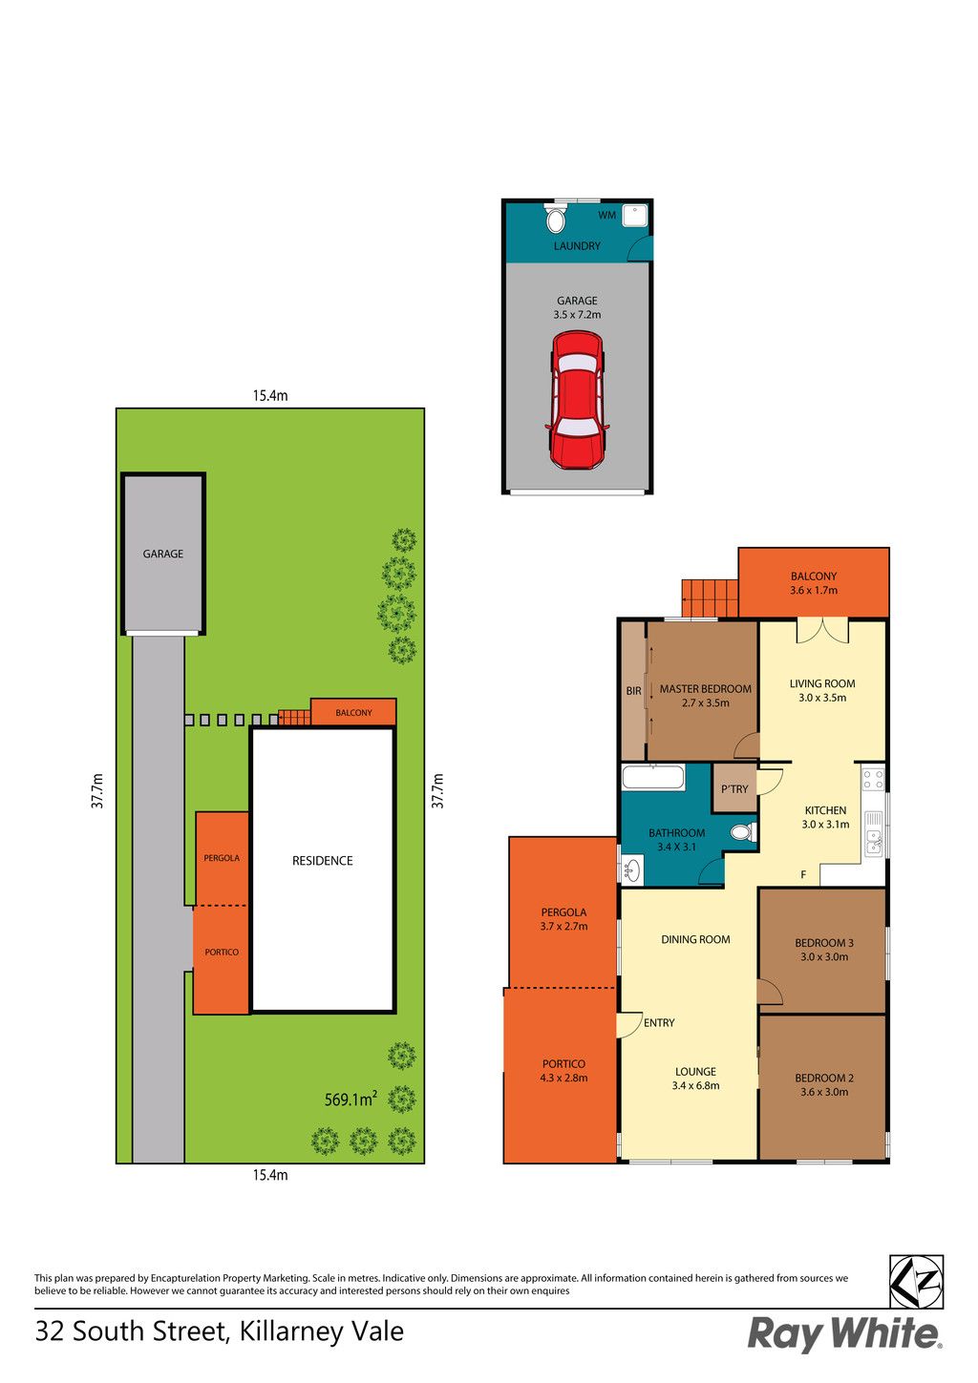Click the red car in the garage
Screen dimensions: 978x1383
pyautogui.click(x=576, y=400)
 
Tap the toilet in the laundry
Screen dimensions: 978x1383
pyautogui.click(x=556, y=218)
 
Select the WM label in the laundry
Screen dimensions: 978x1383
pyautogui.click(x=606, y=216)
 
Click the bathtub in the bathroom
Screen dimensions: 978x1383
pyautogui.click(x=652, y=777)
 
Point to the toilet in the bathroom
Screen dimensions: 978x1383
pyautogui.click(x=743, y=832)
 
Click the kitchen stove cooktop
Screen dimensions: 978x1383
pyautogui.click(x=873, y=779)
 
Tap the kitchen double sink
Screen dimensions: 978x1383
pyautogui.click(x=874, y=842)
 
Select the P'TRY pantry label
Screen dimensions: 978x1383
pyautogui.click(x=733, y=789)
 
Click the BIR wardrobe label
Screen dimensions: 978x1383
pyautogui.click(x=633, y=691)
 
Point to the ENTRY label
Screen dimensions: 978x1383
pyautogui.click(x=659, y=1023)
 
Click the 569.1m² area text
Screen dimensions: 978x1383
pyautogui.click(x=351, y=1099)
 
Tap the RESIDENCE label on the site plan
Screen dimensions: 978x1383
pyautogui.click(x=322, y=861)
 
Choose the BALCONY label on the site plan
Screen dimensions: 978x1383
pyautogui.click(x=353, y=712)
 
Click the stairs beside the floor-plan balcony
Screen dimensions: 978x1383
pyautogui.click(x=710, y=597)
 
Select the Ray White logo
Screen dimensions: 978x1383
pyautogui.click(x=844, y=1335)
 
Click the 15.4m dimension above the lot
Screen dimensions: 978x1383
pyautogui.click(x=270, y=396)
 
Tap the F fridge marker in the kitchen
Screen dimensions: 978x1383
pyautogui.click(x=803, y=874)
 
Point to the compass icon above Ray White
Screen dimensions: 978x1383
pyautogui.click(x=916, y=1282)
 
